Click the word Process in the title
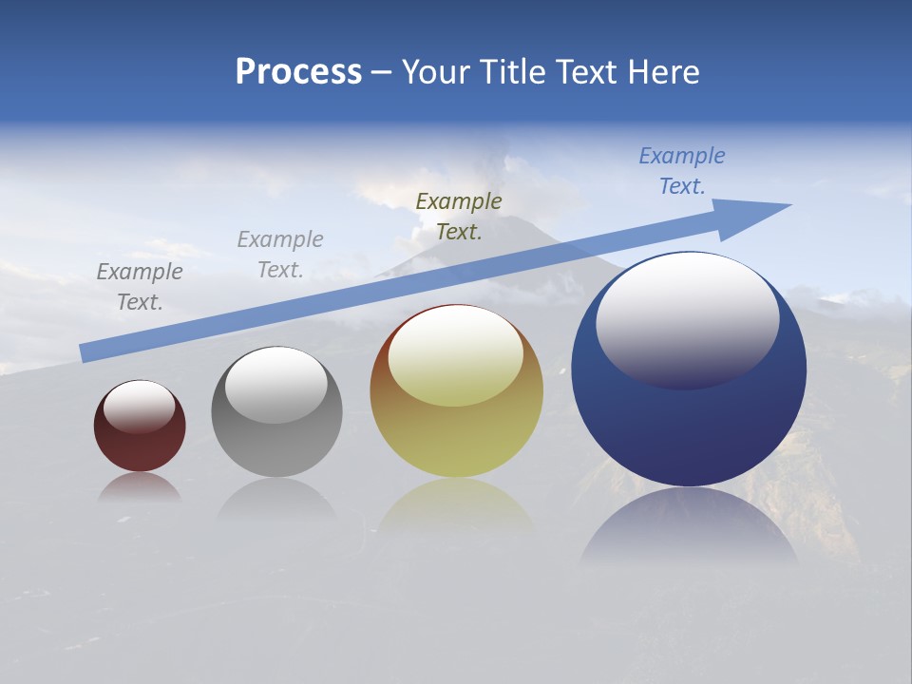(298, 72)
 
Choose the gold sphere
(456, 437)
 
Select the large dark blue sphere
(689, 427)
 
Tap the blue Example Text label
(682, 171)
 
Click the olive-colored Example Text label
(459, 216)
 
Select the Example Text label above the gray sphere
(280, 254)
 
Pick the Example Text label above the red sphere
(140, 286)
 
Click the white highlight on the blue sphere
(687, 318)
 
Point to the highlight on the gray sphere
(275, 384)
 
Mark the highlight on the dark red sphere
(139, 407)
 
